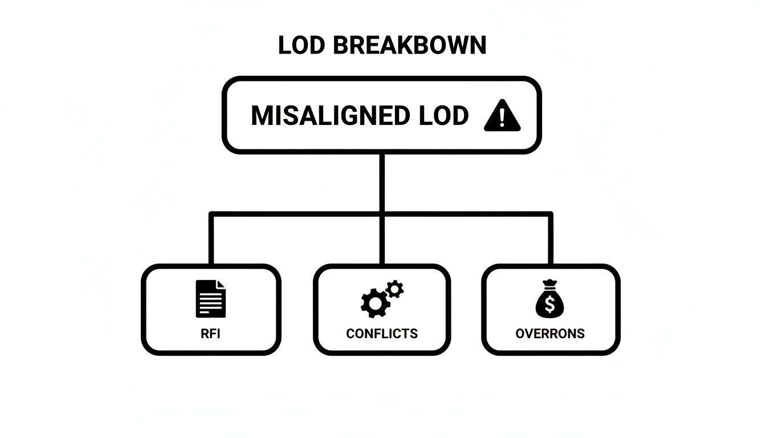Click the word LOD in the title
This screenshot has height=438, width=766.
tap(301, 46)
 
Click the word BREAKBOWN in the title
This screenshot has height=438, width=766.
tap(409, 46)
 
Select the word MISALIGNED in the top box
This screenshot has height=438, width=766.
tap(330, 116)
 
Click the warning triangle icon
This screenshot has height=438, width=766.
tap(502, 116)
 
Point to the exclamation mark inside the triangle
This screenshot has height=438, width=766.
tap(502, 117)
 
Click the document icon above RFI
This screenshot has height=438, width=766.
tap(210, 298)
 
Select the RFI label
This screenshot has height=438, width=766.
tap(210, 334)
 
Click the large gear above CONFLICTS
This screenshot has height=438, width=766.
tap(374, 303)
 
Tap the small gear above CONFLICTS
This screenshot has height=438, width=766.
tap(394, 289)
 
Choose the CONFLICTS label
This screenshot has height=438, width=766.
tap(382, 334)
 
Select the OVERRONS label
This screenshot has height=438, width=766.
tap(550, 334)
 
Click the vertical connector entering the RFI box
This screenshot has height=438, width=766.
tap(211, 240)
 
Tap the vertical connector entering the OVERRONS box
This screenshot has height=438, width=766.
tap(551, 240)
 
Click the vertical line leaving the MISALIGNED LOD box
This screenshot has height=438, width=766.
tap(382, 182)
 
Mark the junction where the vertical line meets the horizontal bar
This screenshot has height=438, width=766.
tap(382, 214)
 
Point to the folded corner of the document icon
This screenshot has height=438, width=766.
tap(221, 285)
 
